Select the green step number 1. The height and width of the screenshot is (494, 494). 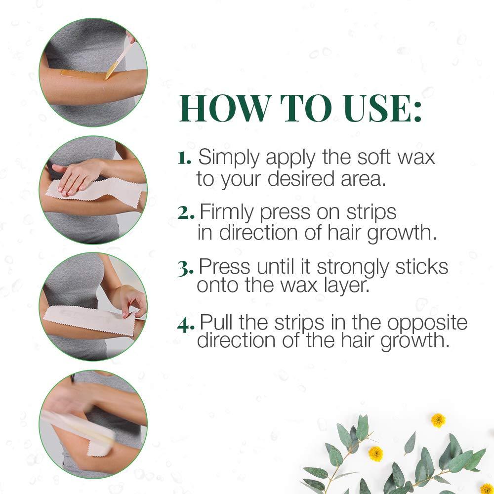[x=184, y=159]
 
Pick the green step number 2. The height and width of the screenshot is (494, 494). [x=186, y=213]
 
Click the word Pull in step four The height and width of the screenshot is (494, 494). [x=217, y=323]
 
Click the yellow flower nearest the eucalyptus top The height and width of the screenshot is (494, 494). [x=438, y=420]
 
